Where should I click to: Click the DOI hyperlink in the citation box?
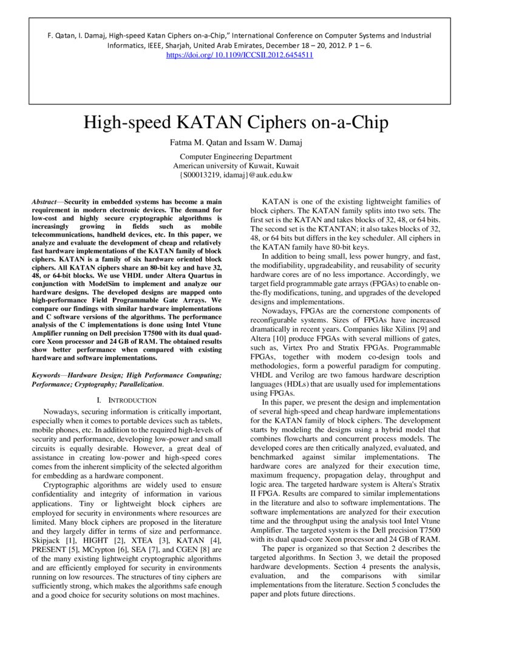click(x=239, y=55)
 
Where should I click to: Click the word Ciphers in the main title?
click(x=284, y=123)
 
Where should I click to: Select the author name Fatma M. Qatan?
click(x=194, y=144)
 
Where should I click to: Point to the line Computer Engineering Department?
click(x=236, y=157)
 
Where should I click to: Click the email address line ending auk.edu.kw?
click(x=236, y=175)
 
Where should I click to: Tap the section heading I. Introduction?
click(x=127, y=400)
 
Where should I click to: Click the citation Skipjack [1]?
click(x=54, y=540)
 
